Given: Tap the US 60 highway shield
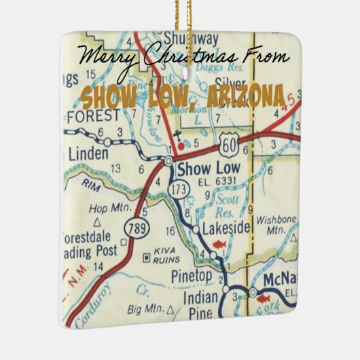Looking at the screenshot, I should pyautogui.click(x=228, y=143).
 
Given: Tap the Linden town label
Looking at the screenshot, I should pyautogui.click(x=88, y=155).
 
